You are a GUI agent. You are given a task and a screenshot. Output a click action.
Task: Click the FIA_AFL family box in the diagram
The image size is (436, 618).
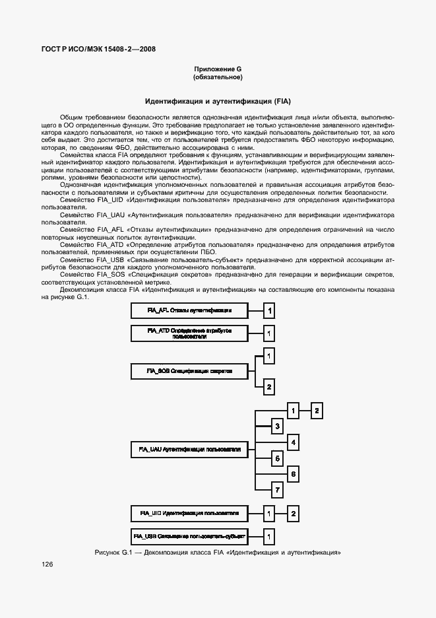tap(189, 310)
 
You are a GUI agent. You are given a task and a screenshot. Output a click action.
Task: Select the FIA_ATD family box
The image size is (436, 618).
tap(189, 333)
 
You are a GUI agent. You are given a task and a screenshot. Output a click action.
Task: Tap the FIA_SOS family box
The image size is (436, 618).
tap(189, 371)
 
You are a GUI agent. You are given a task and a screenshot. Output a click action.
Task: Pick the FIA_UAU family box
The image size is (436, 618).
tap(189, 449)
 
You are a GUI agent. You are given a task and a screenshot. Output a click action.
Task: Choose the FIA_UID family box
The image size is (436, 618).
tap(189, 512)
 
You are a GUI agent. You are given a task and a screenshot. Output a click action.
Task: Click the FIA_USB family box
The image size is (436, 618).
tap(189, 535)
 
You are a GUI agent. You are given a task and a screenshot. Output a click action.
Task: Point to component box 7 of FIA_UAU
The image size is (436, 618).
tap(278, 490)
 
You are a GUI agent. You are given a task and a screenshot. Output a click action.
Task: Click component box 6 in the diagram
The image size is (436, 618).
tap(294, 474)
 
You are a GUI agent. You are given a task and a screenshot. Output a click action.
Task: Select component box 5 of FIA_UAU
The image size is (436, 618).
tap(278, 458)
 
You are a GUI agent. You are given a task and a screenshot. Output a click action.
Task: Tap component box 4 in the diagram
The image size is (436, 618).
tap(294, 442)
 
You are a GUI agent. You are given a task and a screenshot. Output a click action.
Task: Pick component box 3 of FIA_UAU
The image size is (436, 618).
tap(278, 426)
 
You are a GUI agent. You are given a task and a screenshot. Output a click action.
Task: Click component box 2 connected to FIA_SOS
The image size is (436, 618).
tap(269, 387)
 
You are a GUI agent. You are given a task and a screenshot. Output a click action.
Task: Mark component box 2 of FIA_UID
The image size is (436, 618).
tap(294, 512)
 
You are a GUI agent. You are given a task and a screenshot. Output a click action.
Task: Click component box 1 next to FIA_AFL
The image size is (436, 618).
tap(269, 310)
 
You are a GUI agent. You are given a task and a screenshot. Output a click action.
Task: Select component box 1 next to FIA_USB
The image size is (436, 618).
tap(269, 535)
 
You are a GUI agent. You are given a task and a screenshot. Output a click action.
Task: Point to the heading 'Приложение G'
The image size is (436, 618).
tap(218, 69)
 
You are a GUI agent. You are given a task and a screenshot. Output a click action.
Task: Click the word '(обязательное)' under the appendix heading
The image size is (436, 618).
tap(218, 77)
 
